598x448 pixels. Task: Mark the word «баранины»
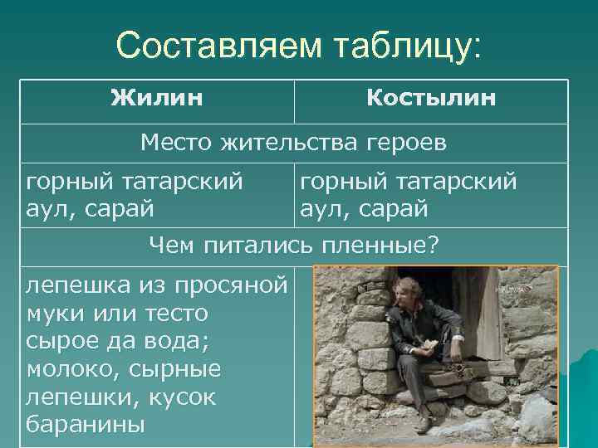tap(86, 426)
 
